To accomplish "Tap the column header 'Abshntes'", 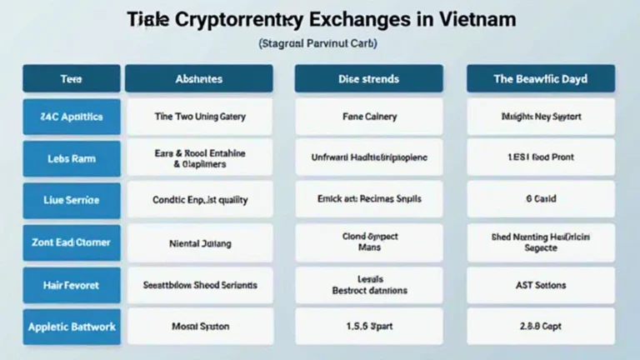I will click(x=199, y=79).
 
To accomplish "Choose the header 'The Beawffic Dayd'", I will click(x=540, y=79).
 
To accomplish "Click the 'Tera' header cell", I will click(x=71, y=79).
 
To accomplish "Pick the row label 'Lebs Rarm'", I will click(x=71, y=157).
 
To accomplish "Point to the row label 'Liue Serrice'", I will click(x=71, y=200).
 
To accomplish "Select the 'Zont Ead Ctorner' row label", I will click(x=71, y=243).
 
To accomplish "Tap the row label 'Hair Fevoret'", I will click(x=71, y=285).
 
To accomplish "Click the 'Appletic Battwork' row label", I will click(x=71, y=327).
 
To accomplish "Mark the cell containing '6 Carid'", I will click(x=540, y=200).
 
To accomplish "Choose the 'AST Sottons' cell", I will click(x=540, y=285).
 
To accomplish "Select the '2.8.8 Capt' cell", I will click(x=540, y=327).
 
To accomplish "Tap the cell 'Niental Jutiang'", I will click(x=199, y=243).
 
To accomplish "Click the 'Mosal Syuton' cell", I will click(x=199, y=327).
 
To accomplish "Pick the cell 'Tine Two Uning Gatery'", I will click(x=199, y=117).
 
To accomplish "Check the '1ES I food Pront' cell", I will click(x=540, y=157).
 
